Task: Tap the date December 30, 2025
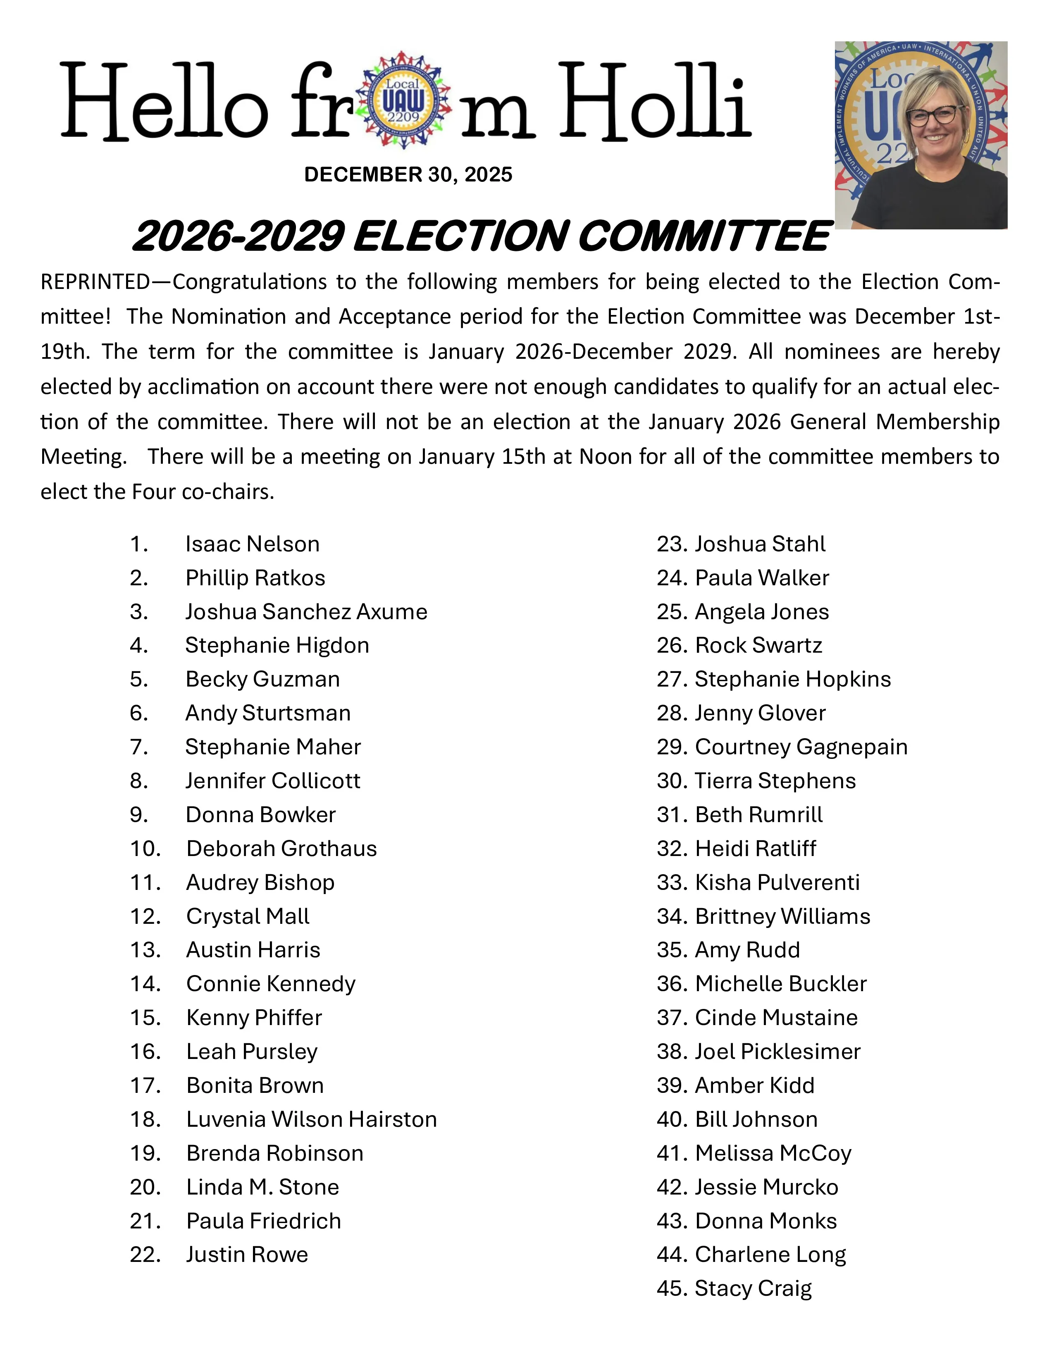pos(408,175)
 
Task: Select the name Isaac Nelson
pos(252,544)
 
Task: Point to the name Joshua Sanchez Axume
pos(306,611)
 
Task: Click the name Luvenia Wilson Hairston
pos(311,1119)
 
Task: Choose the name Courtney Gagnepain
pos(801,747)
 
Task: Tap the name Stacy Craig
pos(753,1288)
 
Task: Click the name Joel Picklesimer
pos(777,1051)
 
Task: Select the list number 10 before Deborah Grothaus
pos(145,849)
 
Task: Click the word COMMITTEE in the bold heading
pos(704,237)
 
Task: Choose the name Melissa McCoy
pos(773,1153)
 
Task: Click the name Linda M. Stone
pos(262,1187)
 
